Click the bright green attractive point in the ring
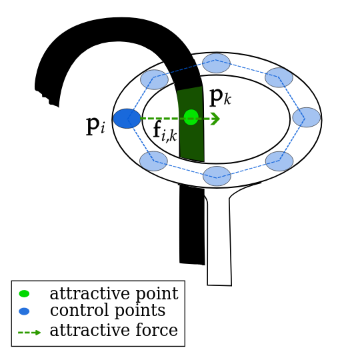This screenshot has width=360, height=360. point(191,117)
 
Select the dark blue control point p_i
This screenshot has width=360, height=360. point(127,119)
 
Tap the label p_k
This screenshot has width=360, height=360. point(220,97)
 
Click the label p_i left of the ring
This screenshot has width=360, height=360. point(95,125)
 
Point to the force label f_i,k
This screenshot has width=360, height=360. point(165,131)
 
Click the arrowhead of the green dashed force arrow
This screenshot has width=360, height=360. point(215,119)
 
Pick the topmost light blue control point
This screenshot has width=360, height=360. point(216,63)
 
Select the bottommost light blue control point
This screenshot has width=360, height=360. point(217,176)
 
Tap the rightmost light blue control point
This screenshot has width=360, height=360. point(306,117)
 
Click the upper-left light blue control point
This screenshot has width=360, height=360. point(154,79)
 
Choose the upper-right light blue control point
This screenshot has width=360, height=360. point(279,77)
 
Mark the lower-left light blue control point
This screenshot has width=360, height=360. point(153,161)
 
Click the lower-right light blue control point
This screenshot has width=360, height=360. point(279,161)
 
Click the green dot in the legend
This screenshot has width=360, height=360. point(24,293)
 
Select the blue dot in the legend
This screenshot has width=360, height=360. point(24,311)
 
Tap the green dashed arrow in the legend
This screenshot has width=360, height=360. point(29,332)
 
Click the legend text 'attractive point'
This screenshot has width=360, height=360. point(113,294)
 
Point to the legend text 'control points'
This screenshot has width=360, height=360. point(107,311)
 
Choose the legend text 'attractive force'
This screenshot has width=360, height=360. point(113,331)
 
